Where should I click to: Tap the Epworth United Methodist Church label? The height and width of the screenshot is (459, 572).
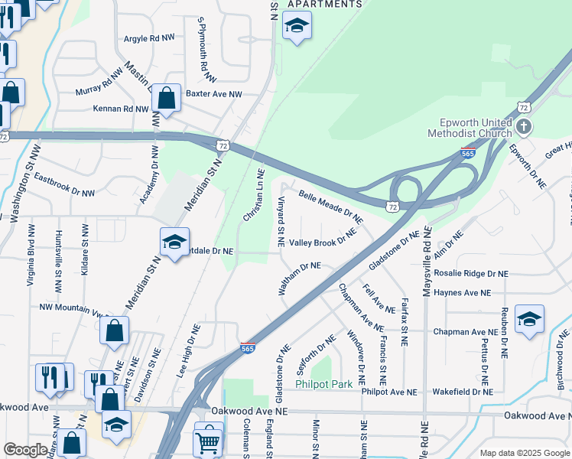474,128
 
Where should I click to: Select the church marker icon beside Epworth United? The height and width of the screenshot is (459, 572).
524,126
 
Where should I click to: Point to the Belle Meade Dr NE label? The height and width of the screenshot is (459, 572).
331,207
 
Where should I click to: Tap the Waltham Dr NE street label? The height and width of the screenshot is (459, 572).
299,277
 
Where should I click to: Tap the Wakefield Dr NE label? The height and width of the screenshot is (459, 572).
462,392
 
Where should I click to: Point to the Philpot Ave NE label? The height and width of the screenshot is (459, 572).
389,392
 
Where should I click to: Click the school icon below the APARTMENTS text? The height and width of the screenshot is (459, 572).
296,27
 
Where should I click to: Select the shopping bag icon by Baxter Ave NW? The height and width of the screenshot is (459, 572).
166,98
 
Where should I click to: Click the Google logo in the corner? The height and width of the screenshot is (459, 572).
26,451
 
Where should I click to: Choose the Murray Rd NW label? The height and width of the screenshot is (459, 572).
99,83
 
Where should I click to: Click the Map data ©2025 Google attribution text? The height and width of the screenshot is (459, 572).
524,453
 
